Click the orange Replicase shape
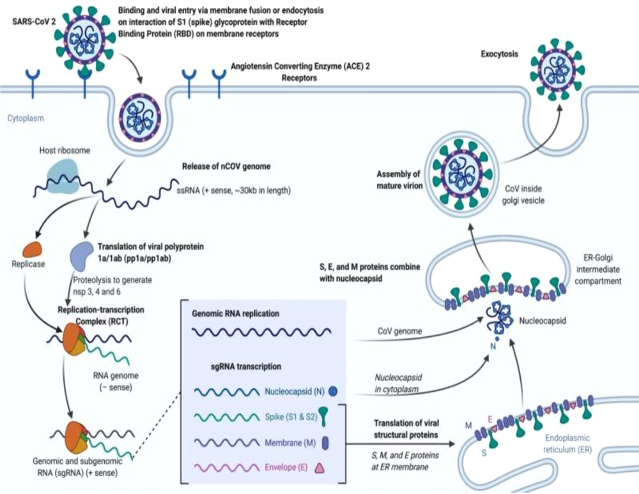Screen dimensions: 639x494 pos(32,249)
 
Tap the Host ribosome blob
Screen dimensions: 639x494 pos(63,176)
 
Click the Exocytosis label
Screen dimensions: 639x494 pos(499,54)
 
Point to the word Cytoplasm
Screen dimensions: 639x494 pos(26,119)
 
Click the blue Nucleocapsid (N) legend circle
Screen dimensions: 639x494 pos(332,391)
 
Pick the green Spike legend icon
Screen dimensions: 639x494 pos(323,417)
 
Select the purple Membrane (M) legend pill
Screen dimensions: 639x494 pos(325,443)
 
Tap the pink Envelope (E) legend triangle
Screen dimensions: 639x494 pos(319,468)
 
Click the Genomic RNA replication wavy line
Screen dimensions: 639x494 pos(261,332)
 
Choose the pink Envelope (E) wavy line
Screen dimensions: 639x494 pos(227,468)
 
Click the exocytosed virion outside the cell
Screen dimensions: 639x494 pos(558,70)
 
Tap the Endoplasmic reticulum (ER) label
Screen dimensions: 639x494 pos(567,444)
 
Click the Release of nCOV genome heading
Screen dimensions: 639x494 pos(226,166)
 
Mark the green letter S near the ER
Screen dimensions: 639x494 pos(484,453)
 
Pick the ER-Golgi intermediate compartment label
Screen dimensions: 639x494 pos(598,269)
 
